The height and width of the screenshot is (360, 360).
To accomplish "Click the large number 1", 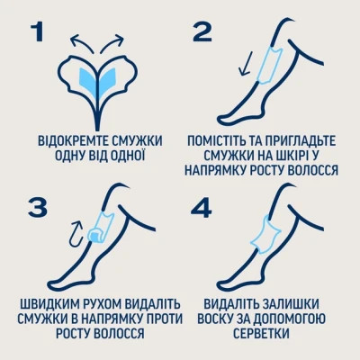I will click(x=37, y=32).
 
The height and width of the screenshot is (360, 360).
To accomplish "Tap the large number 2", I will click(x=201, y=32).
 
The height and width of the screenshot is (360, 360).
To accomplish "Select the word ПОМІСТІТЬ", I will click(x=223, y=141).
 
